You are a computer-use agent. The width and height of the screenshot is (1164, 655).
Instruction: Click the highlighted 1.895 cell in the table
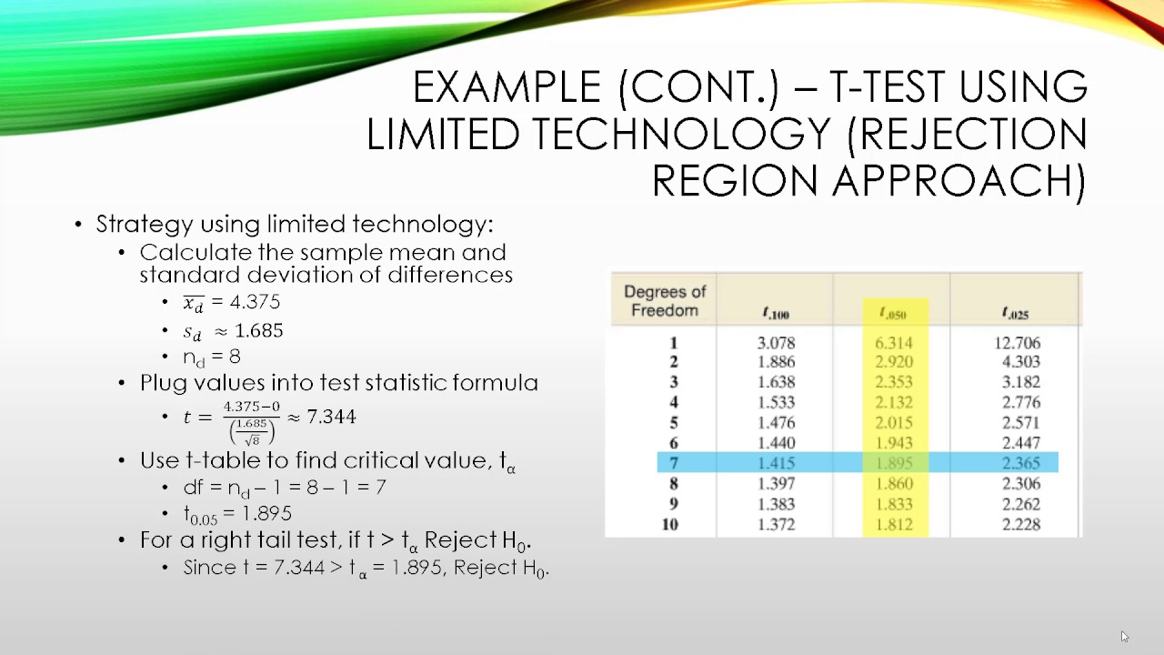(x=894, y=463)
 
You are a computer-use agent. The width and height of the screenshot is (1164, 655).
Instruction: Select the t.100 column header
(x=776, y=314)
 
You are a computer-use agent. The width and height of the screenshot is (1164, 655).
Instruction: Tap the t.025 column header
(x=1015, y=314)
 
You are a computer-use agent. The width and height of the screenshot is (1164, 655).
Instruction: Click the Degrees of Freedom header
(x=665, y=301)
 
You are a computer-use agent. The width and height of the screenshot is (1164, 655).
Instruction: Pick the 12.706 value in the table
(x=1018, y=343)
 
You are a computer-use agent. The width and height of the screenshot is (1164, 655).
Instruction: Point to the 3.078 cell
(x=776, y=343)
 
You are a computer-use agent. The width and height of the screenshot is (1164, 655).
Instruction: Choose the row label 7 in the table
(x=673, y=463)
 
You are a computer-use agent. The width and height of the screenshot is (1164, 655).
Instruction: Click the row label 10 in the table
(x=670, y=524)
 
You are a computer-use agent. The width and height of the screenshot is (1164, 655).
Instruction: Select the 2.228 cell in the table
(x=1019, y=524)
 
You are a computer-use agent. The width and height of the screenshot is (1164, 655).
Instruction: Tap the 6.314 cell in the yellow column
(x=894, y=343)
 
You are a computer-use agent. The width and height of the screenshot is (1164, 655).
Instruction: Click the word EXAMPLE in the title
(x=507, y=88)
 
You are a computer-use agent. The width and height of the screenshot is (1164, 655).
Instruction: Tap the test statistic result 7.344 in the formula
(x=331, y=417)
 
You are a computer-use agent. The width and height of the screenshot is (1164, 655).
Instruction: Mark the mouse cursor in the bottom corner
(x=1124, y=636)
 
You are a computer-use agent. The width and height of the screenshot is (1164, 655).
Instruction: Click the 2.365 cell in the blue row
(x=1019, y=463)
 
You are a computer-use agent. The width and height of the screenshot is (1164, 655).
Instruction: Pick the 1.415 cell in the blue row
(x=776, y=463)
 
